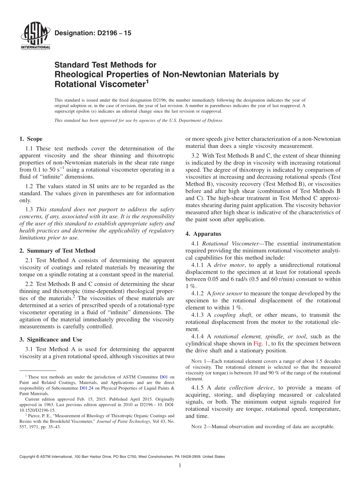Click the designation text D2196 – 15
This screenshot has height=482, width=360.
click(x=93, y=33)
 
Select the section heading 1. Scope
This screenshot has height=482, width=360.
click(x=31, y=139)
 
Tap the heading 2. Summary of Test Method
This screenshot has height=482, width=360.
click(x=57, y=250)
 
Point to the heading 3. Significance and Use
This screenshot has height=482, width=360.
click(x=51, y=340)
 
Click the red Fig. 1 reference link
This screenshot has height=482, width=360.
click(x=261, y=344)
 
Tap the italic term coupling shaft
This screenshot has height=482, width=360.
click(x=230, y=315)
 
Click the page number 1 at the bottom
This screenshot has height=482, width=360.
click(x=180, y=465)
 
